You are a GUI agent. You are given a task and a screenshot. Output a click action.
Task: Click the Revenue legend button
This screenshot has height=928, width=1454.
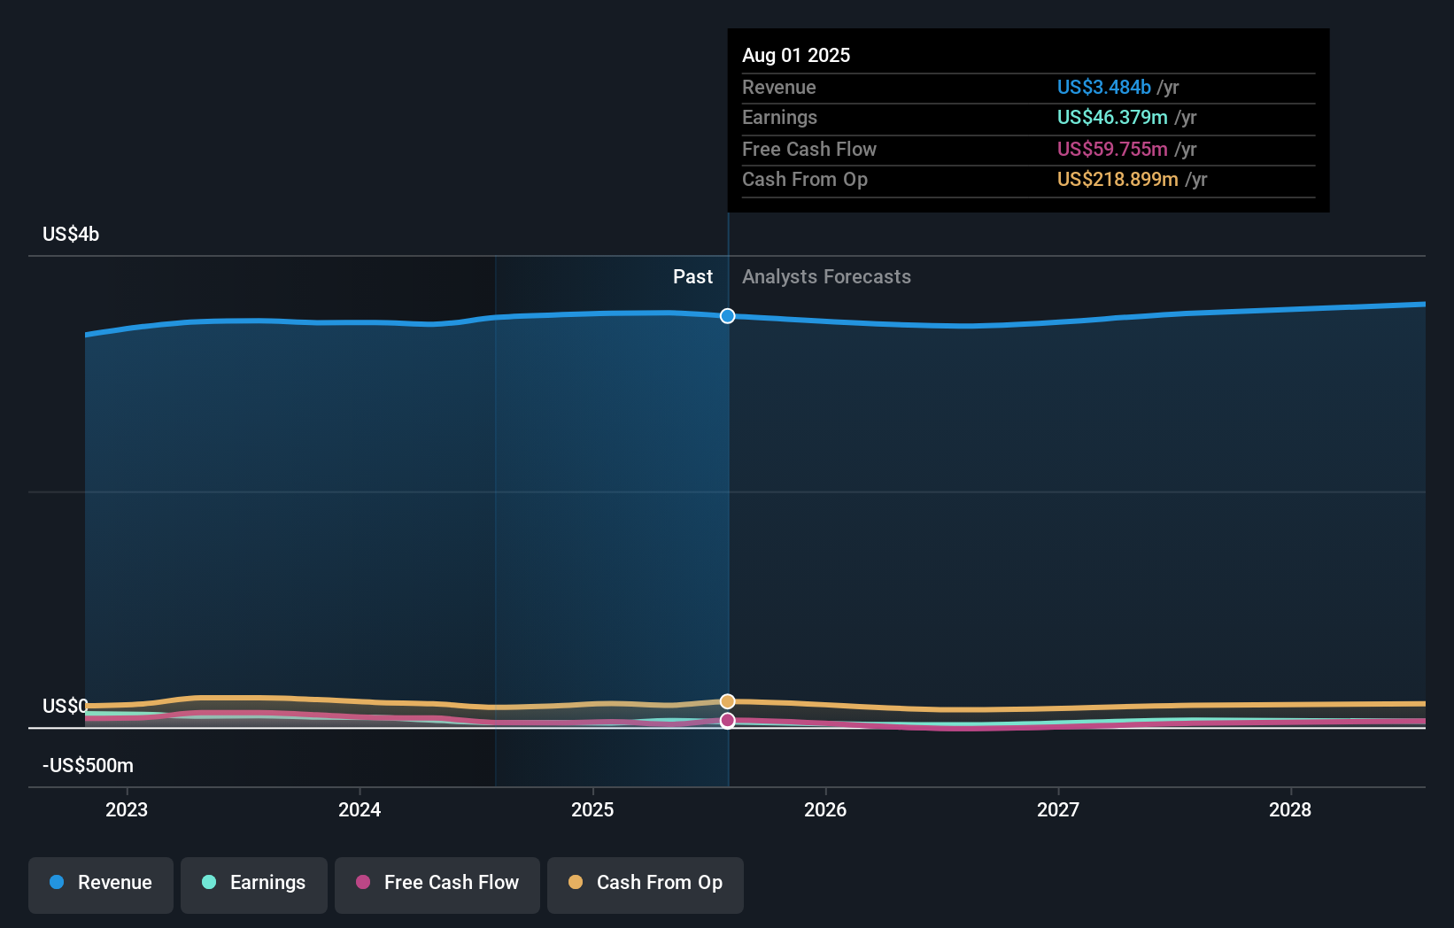(x=101, y=884)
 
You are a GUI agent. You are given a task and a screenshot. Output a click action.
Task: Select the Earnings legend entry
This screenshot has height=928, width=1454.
(x=254, y=884)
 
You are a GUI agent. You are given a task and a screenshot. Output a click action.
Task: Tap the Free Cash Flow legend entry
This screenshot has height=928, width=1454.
(x=437, y=884)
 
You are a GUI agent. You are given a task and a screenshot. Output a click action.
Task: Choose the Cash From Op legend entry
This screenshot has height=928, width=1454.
(x=646, y=884)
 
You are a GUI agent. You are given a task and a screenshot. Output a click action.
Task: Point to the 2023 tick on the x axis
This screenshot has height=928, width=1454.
(x=127, y=809)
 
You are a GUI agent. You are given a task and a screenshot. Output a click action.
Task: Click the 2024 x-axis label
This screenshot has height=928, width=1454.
(x=360, y=809)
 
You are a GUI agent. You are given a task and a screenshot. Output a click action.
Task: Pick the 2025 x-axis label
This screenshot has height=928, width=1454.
(x=592, y=809)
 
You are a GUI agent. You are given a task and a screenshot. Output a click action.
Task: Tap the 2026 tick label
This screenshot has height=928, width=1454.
(x=825, y=809)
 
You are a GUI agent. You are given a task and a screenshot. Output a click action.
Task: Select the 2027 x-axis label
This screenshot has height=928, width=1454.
(x=1058, y=809)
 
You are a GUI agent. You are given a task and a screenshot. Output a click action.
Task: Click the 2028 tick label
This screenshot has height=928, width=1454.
(x=1290, y=809)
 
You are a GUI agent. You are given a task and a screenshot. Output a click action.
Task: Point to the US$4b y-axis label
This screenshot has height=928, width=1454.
(x=71, y=235)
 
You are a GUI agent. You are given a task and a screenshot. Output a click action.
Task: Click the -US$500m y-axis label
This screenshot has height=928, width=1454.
(x=88, y=766)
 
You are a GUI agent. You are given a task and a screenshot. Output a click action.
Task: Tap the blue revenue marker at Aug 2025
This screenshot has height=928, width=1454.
(x=727, y=316)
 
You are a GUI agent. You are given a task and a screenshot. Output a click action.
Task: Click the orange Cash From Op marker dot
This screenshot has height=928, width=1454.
(x=727, y=701)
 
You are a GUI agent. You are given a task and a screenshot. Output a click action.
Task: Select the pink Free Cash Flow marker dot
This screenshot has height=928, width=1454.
(x=727, y=721)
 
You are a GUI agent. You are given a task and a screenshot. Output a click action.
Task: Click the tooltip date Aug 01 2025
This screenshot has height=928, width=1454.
(x=796, y=55)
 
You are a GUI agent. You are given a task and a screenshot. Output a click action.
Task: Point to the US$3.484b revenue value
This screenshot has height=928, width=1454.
(x=1103, y=87)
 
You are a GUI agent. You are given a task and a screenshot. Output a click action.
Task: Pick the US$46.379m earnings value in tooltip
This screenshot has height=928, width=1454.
(x=1112, y=118)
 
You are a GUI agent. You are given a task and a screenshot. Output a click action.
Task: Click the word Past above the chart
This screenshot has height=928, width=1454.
(x=692, y=277)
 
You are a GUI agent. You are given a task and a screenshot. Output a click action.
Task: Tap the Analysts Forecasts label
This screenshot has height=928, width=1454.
(x=826, y=277)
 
